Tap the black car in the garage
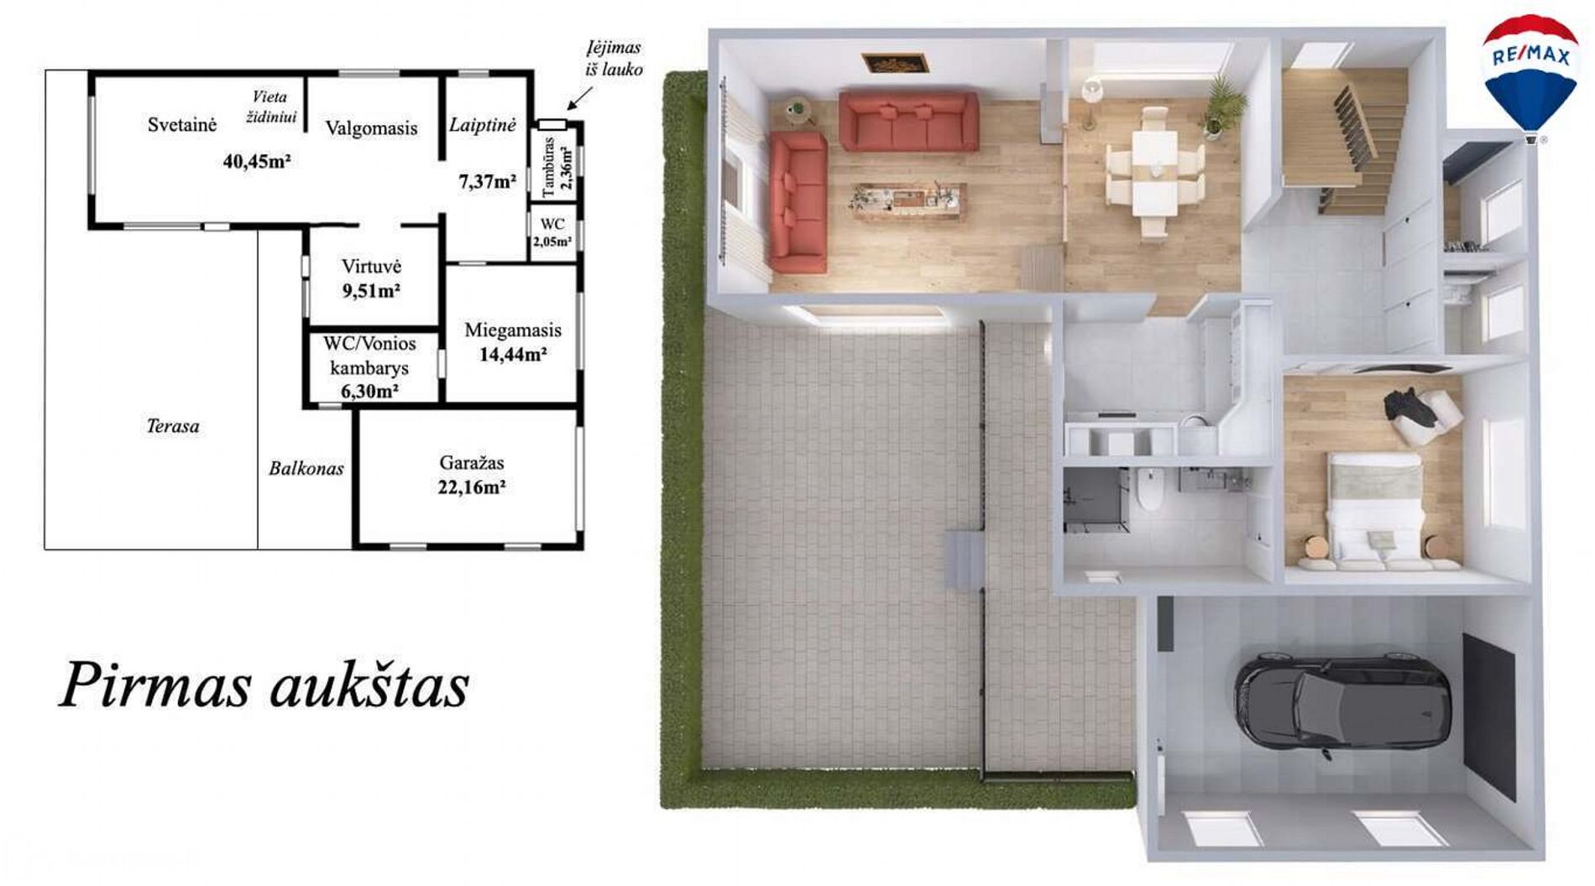pos(1341,702)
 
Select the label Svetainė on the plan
pos(182,125)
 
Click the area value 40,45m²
pos(257,160)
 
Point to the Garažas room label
pos(472,462)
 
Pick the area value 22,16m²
pos(472,487)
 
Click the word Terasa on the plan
pos(173,426)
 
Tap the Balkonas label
pos(306,468)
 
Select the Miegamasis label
pos(513,331)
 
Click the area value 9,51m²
pos(371,291)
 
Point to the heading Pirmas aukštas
pos(264,685)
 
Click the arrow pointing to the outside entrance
pos(579,98)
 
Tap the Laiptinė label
pos(482,125)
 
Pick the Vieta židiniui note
pos(270,107)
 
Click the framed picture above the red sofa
pos(894,62)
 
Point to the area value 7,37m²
pos(487,181)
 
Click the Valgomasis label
pos(371,128)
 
